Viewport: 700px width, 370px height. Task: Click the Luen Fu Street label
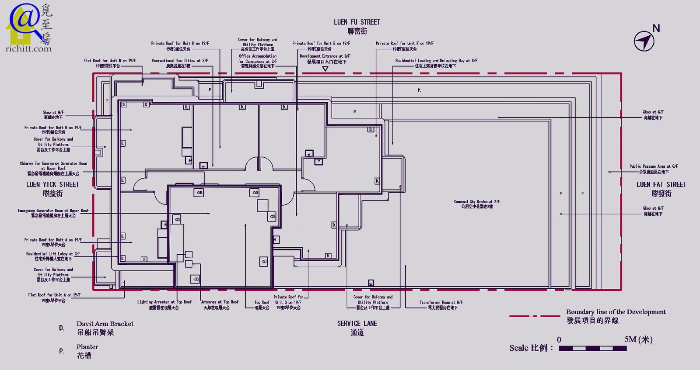pos(357,26)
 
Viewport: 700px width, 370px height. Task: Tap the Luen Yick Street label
pos(52,189)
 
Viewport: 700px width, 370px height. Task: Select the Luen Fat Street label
pos(661,189)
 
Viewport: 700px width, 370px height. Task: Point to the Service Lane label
pos(357,328)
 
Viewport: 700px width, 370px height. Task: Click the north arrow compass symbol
pos(644,41)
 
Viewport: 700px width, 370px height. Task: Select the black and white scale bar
pos(592,348)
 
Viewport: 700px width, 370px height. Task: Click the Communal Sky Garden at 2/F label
pos(477,204)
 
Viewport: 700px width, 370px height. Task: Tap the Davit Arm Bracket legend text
pos(105,328)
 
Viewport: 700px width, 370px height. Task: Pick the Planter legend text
pos(87,351)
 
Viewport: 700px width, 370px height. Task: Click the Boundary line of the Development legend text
pos(616,316)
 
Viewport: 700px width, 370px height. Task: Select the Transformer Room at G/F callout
pos(441,305)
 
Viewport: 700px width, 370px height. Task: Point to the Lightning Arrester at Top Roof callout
pos(164,305)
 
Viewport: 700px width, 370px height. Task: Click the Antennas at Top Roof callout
pos(220,305)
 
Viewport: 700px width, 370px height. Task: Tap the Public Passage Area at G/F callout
pos(654,169)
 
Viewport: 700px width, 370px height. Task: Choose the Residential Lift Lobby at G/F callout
pos(53,256)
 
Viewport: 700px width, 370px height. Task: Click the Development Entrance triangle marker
pos(325,69)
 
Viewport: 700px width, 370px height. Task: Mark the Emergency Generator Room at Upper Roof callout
pos(53,213)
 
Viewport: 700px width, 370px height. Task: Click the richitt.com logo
pos(29,27)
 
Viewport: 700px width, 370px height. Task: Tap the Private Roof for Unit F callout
pos(404,46)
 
